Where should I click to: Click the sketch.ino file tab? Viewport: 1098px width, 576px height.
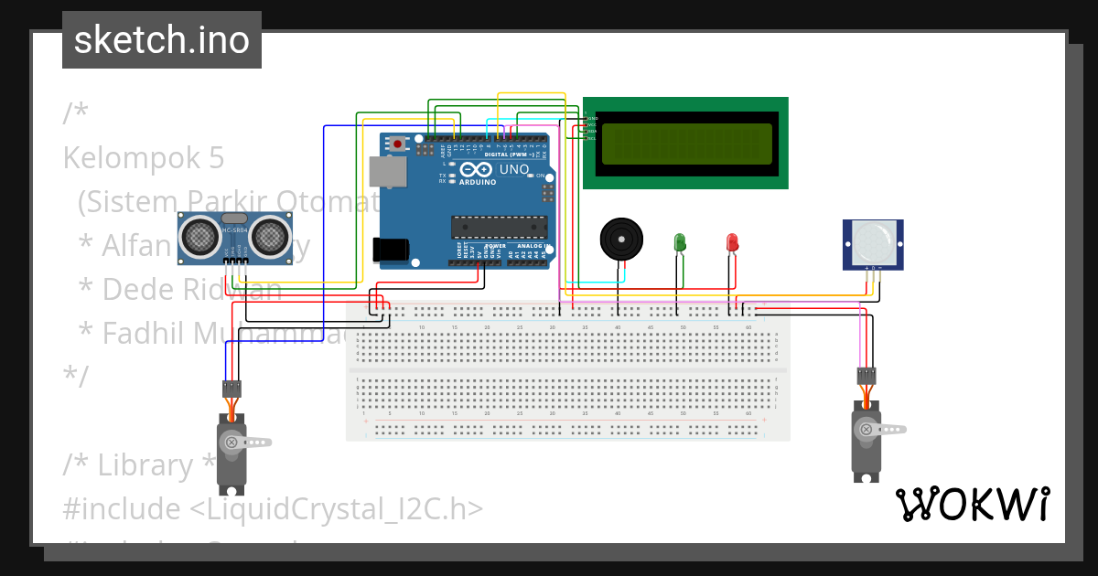(161, 40)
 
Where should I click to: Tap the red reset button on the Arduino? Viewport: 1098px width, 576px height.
(398, 144)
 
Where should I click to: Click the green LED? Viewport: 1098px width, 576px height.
(680, 242)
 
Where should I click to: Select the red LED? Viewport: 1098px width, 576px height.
(732, 242)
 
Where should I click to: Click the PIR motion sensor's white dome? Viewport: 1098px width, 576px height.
(873, 241)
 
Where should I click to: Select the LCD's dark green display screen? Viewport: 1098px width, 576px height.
(686, 144)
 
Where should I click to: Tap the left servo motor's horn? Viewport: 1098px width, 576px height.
(247, 443)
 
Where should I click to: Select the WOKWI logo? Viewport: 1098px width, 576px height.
(972, 504)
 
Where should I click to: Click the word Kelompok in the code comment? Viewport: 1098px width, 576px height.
(127, 158)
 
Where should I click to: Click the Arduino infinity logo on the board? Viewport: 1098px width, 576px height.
(475, 170)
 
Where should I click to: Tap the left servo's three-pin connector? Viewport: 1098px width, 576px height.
(232, 388)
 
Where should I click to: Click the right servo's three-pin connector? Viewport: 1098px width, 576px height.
(867, 375)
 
